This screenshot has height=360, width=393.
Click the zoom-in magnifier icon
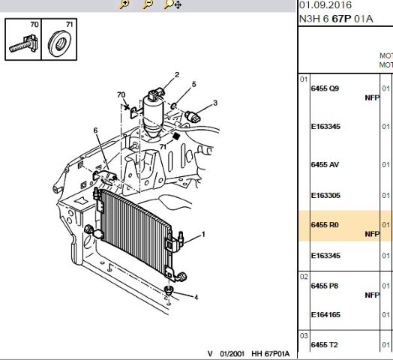124,4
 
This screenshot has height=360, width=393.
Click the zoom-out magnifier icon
148,4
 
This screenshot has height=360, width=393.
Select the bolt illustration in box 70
23,43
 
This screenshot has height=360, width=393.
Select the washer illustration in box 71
59,43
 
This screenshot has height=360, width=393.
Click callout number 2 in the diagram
177,75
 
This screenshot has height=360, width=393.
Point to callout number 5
193,84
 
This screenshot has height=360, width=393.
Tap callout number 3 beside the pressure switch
215,103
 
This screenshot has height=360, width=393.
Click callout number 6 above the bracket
95,130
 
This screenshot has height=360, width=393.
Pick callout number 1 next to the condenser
203,235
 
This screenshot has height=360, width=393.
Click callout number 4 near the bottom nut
196,297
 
